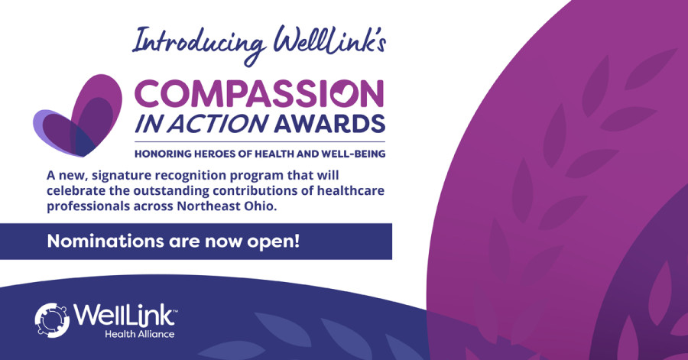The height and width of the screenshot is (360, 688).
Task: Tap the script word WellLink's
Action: click(329, 41)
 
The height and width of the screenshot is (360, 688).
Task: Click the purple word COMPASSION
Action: click(259, 94)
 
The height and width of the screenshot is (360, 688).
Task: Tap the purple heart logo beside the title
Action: click(77, 115)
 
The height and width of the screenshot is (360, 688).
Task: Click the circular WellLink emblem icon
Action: click(52, 320)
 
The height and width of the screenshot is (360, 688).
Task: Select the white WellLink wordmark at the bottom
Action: click(125, 315)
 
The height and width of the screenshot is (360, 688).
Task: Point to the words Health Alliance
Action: click(140, 334)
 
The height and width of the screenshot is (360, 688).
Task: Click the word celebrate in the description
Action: click(76, 191)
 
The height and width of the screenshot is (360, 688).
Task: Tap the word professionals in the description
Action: click(83, 206)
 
